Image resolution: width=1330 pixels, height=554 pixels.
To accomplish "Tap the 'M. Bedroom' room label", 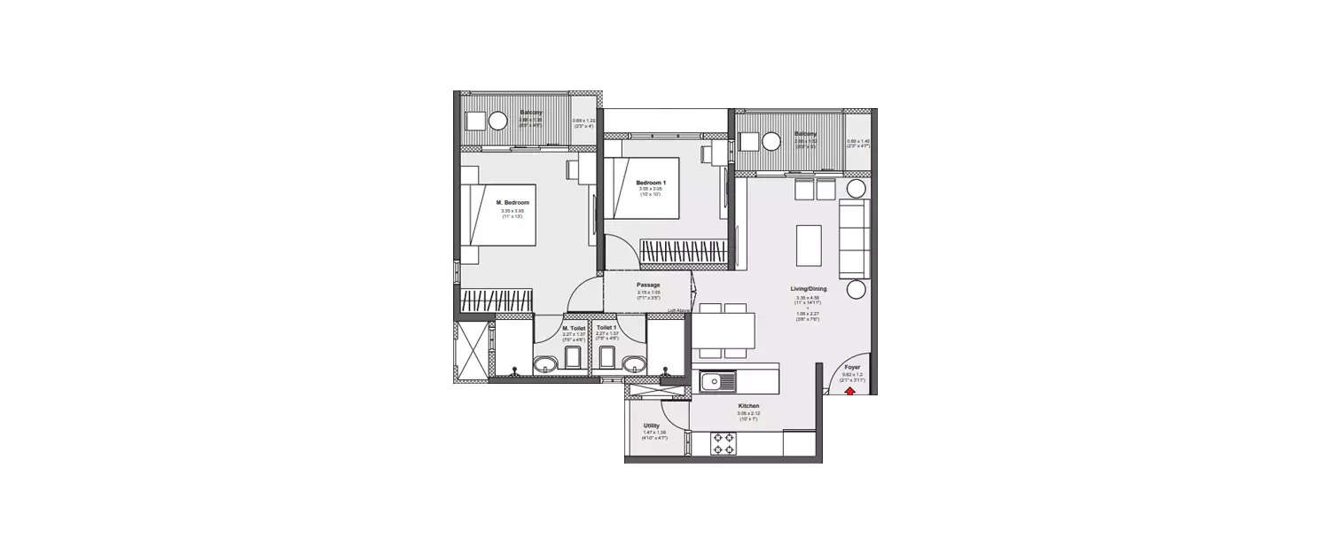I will pyautogui.click(x=512, y=203).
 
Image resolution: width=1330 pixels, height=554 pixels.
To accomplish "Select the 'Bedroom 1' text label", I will pyautogui.click(x=650, y=182).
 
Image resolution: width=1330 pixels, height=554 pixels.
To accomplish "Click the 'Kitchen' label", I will pyautogui.click(x=747, y=406).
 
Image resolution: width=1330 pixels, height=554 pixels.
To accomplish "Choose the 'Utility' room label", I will pyautogui.click(x=651, y=425).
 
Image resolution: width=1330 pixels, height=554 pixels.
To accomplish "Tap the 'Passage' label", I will pyautogui.click(x=648, y=285).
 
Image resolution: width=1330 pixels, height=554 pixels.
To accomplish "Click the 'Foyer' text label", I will pyautogui.click(x=852, y=367).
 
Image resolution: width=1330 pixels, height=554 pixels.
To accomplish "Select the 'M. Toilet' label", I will pyautogui.click(x=574, y=328).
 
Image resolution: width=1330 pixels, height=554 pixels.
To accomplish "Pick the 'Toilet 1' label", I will pyautogui.click(x=606, y=328).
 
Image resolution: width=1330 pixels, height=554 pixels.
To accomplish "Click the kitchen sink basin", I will pyautogui.click(x=712, y=382).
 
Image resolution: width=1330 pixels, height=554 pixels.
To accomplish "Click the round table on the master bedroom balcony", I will pyautogui.click(x=498, y=121).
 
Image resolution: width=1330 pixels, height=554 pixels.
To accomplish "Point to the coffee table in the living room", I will pyautogui.click(x=809, y=246).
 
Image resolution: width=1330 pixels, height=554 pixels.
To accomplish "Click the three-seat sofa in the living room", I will pyautogui.click(x=854, y=238).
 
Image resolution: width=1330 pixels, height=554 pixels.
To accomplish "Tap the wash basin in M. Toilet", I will pyautogui.click(x=545, y=364).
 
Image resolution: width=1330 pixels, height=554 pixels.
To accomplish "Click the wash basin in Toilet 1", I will pyautogui.click(x=633, y=364).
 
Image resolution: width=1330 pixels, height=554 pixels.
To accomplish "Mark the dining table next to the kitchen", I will pyautogui.click(x=724, y=330).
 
